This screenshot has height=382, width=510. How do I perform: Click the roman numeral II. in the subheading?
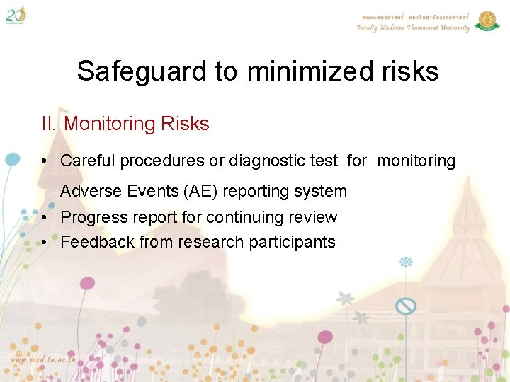pyautogui.click(x=49, y=125)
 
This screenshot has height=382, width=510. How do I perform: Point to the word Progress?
pyautogui.click(x=90, y=217)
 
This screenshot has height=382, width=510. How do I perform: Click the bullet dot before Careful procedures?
pyautogui.click(x=44, y=161)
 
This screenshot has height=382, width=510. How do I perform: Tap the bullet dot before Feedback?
pyautogui.click(x=44, y=242)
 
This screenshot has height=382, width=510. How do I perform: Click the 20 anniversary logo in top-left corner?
pyautogui.click(x=16, y=14)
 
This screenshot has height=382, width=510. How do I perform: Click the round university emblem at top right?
pyautogui.click(x=487, y=21)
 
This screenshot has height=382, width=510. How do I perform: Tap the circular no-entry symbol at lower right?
pyautogui.click(x=405, y=306)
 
